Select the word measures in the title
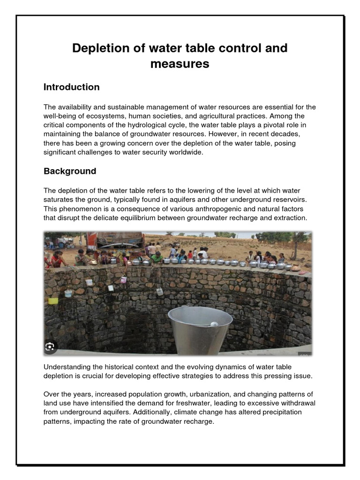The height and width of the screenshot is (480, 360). pyautogui.click(x=180, y=64)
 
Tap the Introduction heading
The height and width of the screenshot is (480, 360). pyautogui.click(x=71, y=87)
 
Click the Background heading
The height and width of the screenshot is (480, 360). pyautogui.click(x=70, y=171)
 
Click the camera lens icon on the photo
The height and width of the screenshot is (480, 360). pyautogui.click(x=50, y=347)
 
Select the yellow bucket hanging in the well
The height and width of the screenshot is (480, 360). pyautogui.click(x=53, y=300)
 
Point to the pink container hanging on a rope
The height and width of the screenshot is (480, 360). pyautogui.click(x=123, y=279)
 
